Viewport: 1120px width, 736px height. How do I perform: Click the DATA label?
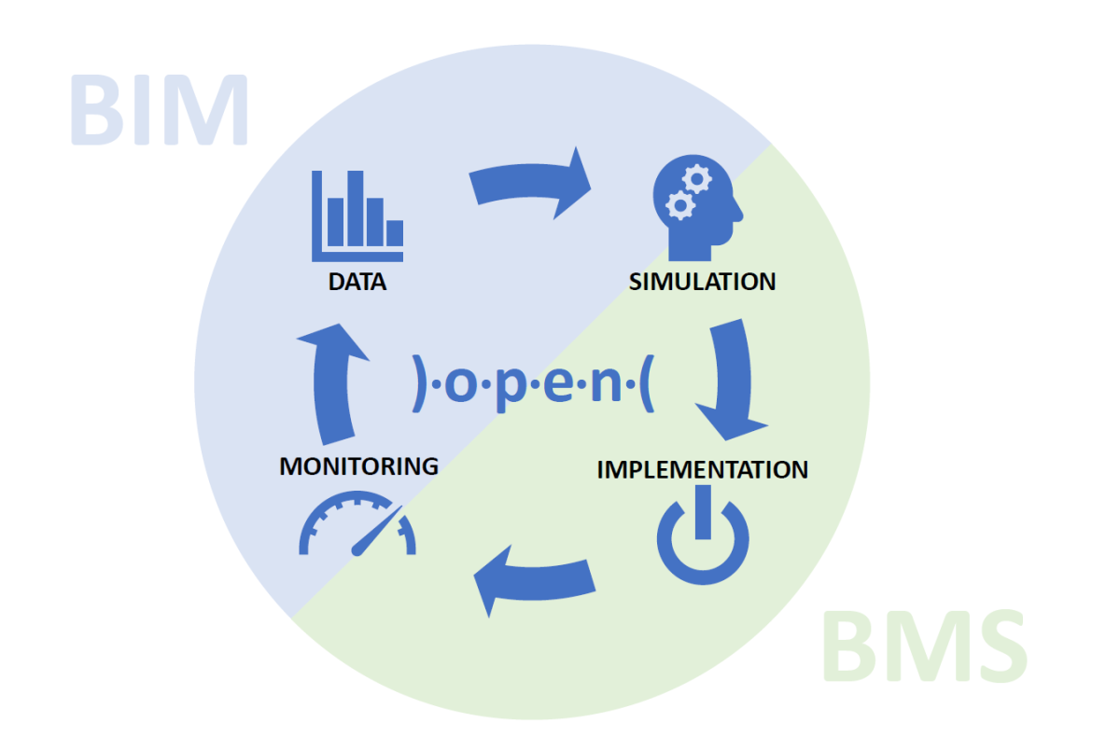[x=357, y=282]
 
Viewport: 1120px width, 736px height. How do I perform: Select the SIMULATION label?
[x=702, y=282]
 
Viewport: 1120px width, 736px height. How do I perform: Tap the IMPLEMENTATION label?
[x=702, y=468]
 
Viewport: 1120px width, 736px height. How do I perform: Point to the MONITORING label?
[x=358, y=465]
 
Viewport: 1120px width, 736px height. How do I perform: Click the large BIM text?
[x=159, y=110]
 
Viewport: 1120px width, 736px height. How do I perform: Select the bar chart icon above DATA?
[x=357, y=215]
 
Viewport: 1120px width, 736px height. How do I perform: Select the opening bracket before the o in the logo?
[x=419, y=382]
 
